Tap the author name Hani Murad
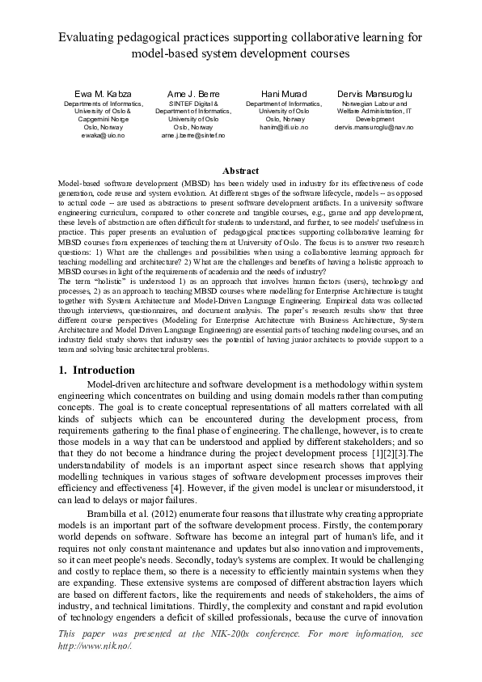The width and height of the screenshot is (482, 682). click(284, 94)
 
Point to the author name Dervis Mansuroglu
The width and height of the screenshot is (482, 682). click(374, 94)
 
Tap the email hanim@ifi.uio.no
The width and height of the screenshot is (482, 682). click(284, 128)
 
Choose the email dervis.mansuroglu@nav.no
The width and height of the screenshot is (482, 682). click(374, 128)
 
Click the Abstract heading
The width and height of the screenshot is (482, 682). click(240, 171)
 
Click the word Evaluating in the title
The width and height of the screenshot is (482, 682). click(89, 37)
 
